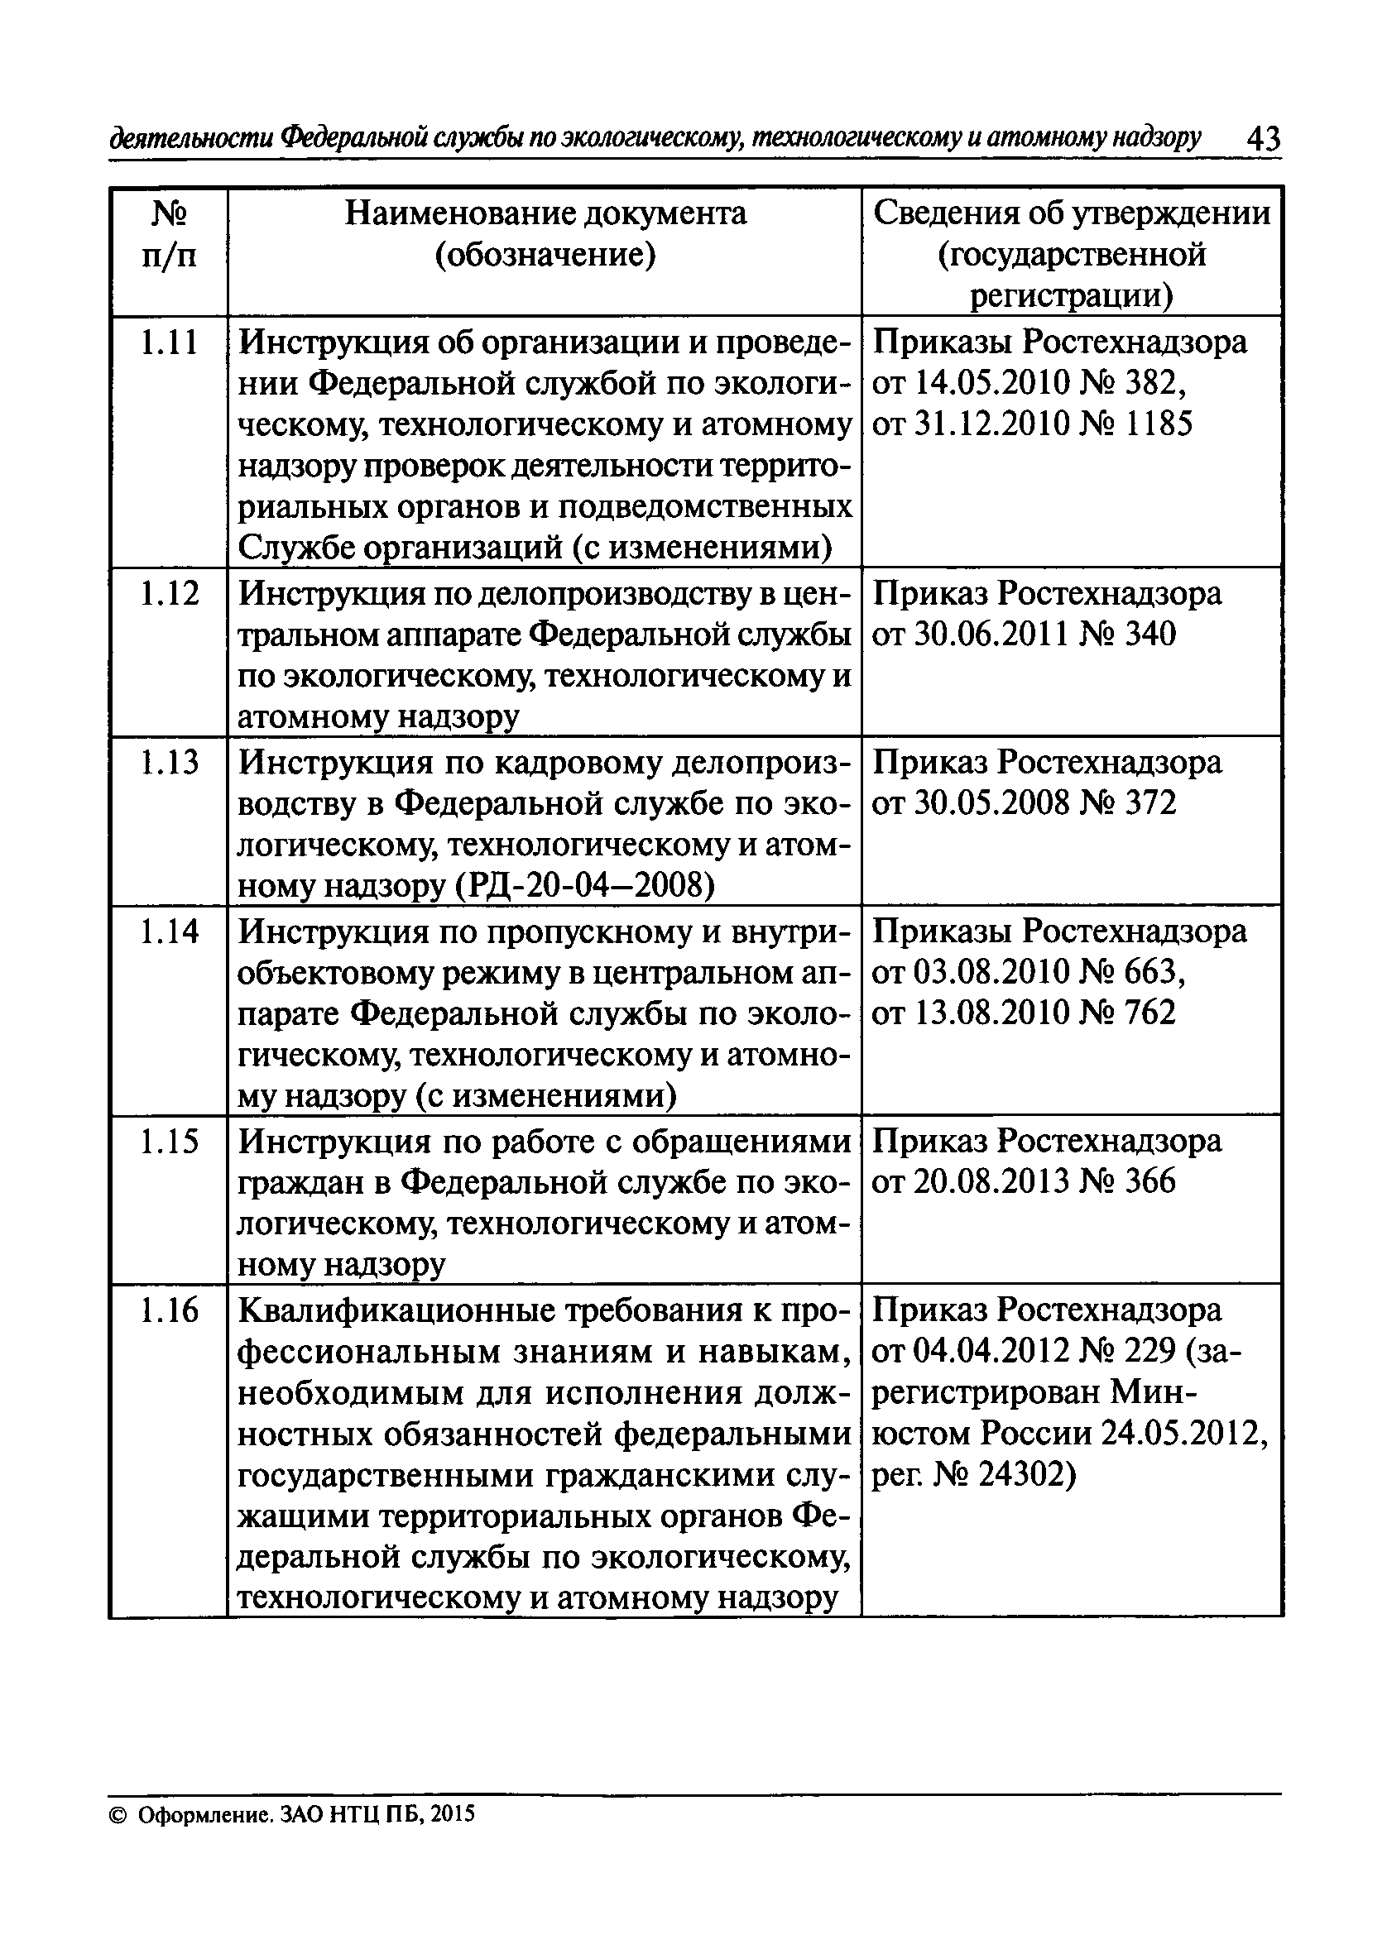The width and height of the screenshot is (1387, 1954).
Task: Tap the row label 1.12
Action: [x=168, y=593]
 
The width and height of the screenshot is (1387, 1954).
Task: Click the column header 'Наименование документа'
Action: [x=545, y=213]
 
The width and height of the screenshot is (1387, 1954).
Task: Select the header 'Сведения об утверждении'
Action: [x=1072, y=213]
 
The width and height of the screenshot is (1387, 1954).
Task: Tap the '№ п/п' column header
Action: [x=168, y=234]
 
